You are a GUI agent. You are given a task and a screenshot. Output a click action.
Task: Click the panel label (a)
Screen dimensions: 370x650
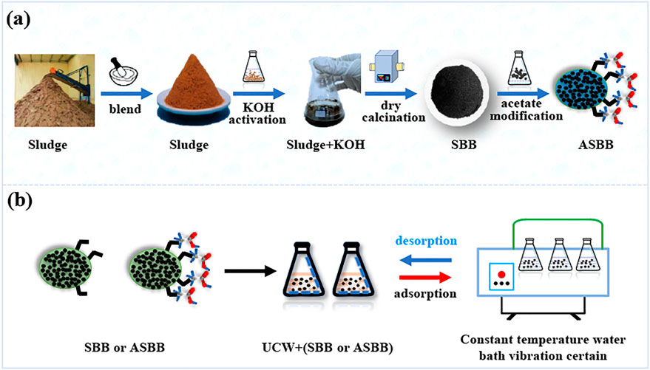coord(19,20)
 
